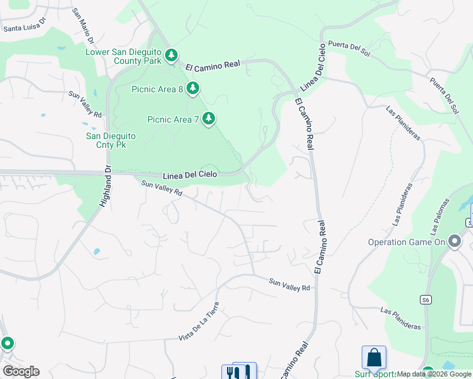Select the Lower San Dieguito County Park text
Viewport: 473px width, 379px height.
123,56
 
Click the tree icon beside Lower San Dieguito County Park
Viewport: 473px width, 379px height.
171,56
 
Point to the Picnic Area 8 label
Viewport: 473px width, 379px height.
157,89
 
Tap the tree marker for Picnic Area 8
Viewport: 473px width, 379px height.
193,88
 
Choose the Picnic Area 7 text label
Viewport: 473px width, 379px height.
173,119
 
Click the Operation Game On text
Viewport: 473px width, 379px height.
405,242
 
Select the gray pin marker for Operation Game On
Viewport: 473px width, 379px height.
454,241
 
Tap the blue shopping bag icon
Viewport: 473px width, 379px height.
374,357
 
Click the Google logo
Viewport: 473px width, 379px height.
21,371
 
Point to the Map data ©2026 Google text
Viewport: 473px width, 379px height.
434,375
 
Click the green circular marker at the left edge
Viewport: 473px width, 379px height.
7,344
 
